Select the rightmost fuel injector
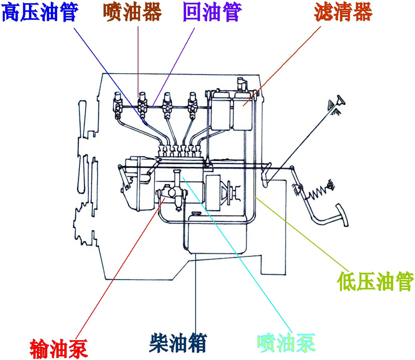(x=193, y=103)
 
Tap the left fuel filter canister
(x=219, y=110)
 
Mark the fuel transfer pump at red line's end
(x=169, y=196)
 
